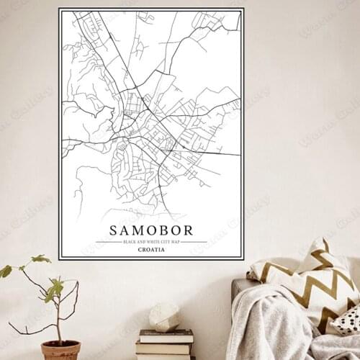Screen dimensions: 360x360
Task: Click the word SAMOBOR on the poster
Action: (151, 230)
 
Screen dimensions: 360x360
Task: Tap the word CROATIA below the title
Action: (151, 250)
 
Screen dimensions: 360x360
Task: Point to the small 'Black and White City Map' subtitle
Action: (151, 242)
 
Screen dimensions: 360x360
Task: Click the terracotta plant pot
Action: (60, 350)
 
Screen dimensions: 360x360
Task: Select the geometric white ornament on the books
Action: (165, 316)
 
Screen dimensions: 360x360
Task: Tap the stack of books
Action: (166, 344)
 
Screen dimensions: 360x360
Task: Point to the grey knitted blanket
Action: (274, 324)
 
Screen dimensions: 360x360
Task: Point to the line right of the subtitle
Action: (194, 242)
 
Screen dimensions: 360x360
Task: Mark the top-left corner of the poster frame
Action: (60, 9)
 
